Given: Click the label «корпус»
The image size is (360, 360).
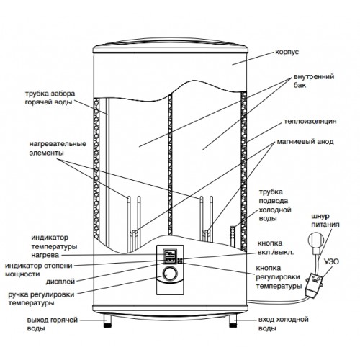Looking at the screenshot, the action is click(x=287, y=52).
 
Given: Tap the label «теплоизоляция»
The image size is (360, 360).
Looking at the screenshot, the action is click(x=310, y=121).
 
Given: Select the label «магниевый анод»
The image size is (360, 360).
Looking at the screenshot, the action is click(x=305, y=142).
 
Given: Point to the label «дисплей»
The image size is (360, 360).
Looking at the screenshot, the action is click(x=60, y=282).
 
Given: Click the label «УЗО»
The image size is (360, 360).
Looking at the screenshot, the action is click(x=331, y=261).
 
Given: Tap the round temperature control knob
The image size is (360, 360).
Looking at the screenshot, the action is click(x=170, y=274).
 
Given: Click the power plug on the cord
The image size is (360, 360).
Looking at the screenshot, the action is click(x=316, y=243).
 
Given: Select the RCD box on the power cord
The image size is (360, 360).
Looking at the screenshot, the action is click(x=314, y=286).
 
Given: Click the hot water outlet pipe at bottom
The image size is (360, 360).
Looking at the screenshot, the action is click(x=107, y=321).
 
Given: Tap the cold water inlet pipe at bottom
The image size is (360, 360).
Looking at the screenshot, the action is click(x=233, y=321).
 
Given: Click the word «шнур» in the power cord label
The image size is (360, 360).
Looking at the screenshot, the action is click(x=320, y=217).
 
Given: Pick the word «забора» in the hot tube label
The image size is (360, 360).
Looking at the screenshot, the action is click(x=63, y=94).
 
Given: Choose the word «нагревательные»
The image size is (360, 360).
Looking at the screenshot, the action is click(x=58, y=144).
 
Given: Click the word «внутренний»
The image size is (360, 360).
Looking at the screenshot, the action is click(x=314, y=77).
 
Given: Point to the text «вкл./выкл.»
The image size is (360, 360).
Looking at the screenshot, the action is click(x=276, y=253).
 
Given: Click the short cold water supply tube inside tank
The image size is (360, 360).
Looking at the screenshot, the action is click(x=233, y=235).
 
